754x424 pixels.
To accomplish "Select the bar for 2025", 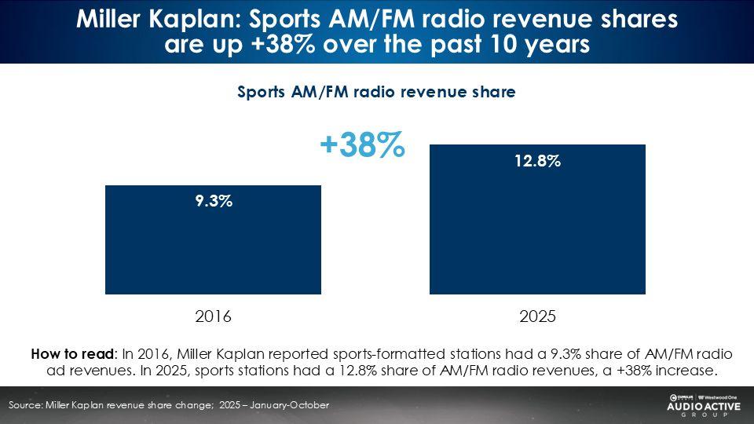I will coord(537,228).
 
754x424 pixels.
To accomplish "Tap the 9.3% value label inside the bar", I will coord(213,201).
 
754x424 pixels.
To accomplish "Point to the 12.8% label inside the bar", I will coord(537,161).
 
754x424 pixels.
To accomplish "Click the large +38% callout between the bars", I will coord(362,145).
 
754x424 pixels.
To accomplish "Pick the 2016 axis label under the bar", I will coord(213,317).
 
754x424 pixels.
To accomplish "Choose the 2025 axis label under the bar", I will coord(537,317).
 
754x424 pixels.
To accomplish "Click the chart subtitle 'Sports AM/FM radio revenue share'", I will coord(376,92).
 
